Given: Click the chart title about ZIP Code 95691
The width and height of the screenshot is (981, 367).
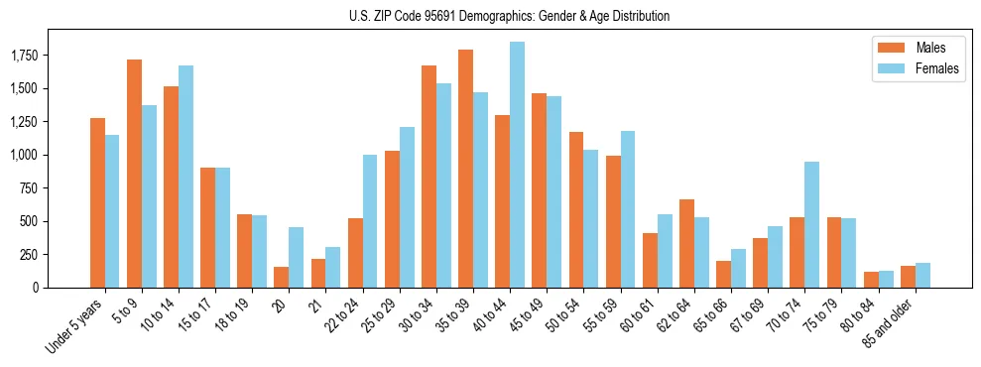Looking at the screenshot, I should [509, 16].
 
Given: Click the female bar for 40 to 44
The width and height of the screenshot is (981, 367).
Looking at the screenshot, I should [517, 165].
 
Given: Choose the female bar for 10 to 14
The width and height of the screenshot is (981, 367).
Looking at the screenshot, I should [185, 177].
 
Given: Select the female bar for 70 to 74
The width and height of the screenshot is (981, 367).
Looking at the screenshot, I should [811, 224].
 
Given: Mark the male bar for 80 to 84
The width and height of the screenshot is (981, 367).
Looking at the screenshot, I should [871, 280].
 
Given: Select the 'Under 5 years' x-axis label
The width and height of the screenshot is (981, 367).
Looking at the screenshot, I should [74, 327].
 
